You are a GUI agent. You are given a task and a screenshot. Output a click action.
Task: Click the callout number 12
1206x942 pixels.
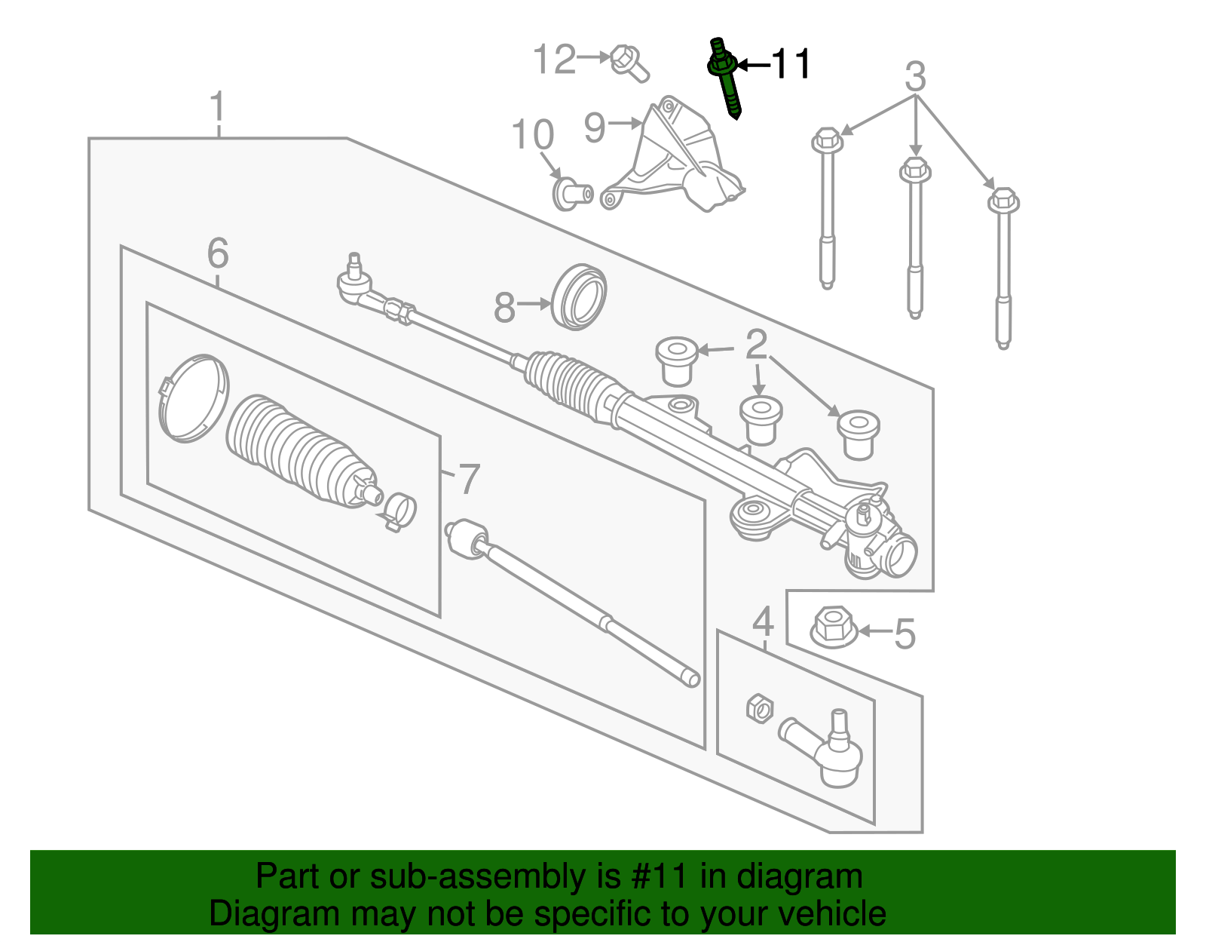pos(554,60)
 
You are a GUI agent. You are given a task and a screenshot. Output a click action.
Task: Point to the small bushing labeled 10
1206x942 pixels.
pos(571,192)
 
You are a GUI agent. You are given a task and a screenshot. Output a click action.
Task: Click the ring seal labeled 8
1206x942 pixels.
pos(579,296)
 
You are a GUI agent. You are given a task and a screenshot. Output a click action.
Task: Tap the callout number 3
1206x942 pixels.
pos(914,77)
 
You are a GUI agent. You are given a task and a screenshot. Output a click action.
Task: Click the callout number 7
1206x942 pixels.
pos(469,479)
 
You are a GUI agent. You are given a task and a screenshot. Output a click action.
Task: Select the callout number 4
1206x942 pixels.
pos(763,622)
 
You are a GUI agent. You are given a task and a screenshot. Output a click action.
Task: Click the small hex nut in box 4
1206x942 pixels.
pos(760,708)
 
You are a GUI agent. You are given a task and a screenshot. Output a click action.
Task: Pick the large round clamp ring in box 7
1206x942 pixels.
pos(192,398)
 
